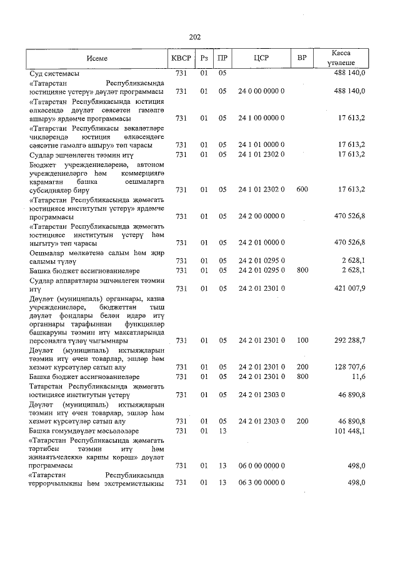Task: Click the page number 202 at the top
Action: point(194,37)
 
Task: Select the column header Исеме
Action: point(97,58)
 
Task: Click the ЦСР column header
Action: point(261,58)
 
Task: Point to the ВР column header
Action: point(302,58)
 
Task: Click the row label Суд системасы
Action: point(54,73)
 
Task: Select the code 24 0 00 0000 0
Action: point(261,91)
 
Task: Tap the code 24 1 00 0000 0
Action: point(261,118)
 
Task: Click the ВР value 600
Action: point(302,189)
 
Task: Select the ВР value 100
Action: point(302,340)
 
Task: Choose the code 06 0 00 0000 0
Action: point(261,466)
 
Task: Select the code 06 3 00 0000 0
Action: point(261,482)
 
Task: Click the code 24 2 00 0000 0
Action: point(261,216)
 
